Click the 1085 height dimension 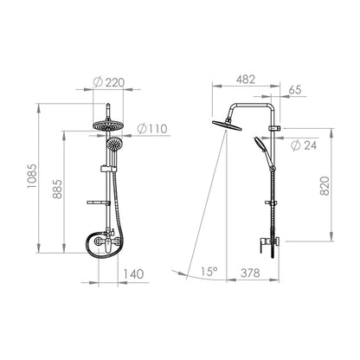click(32, 176)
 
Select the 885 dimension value click(57, 189)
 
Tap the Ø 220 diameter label click(109, 82)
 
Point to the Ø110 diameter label click(152, 129)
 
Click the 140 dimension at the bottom click(133, 273)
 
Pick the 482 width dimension click(246, 80)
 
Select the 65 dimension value click(295, 90)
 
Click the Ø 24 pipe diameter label click(304, 145)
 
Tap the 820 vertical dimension click(325, 186)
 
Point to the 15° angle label click(209, 272)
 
